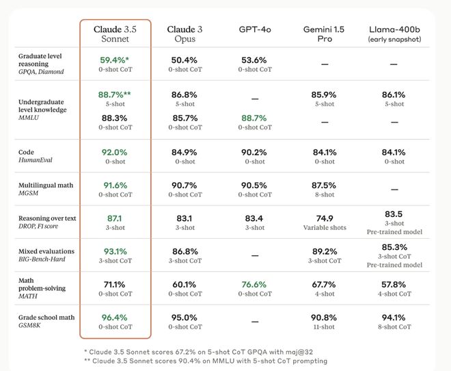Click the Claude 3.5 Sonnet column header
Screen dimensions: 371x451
click(113, 34)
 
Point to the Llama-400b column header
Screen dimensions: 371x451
click(394, 34)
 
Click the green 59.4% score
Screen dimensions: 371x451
click(114, 60)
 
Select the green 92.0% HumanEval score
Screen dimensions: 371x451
click(113, 152)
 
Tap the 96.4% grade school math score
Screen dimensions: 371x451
click(113, 317)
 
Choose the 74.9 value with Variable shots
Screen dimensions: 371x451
click(325, 218)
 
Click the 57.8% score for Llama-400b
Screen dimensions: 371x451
click(394, 284)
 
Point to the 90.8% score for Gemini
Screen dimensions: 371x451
click(325, 317)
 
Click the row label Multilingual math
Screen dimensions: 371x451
click(45, 185)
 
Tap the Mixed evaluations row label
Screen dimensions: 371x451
click(46, 251)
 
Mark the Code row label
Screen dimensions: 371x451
click(26, 152)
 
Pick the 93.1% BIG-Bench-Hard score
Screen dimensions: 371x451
click(113, 251)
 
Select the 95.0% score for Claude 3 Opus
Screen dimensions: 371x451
click(185, 317)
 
